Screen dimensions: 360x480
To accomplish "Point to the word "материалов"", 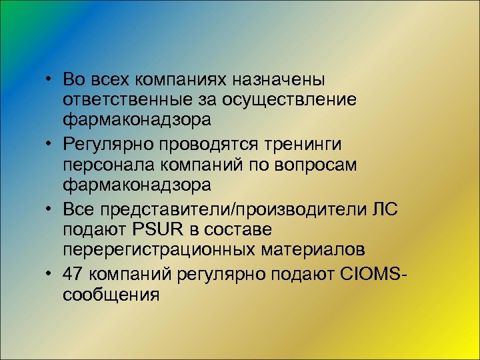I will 320,251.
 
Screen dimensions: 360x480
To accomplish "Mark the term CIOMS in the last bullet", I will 373,273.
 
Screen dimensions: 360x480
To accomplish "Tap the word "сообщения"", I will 111,295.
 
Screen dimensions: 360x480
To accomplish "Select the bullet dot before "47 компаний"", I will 50,274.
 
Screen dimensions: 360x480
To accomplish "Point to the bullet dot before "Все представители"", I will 50,210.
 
